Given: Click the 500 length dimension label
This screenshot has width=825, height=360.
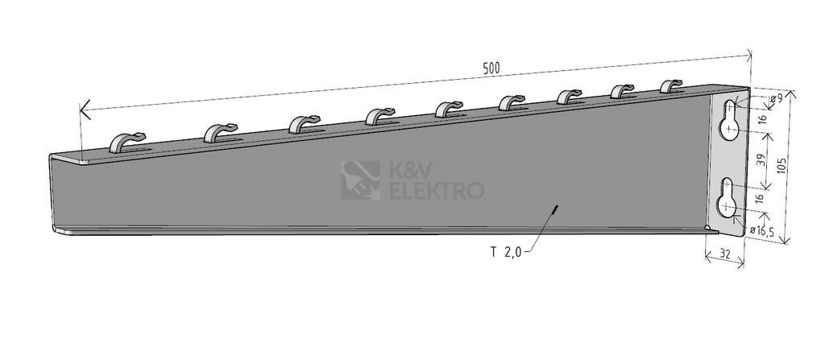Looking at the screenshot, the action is [x=491, y=68].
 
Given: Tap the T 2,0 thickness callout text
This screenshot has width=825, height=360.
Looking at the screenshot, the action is [x=506, y=252].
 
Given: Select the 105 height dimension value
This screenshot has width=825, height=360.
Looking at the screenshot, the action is [x=782, y=168].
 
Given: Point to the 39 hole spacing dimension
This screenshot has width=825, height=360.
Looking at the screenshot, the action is [x=761, y=160].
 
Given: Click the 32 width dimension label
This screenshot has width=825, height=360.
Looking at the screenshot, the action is [x=724, y=254].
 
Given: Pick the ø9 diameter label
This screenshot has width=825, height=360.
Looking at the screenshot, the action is [x=776, y=98].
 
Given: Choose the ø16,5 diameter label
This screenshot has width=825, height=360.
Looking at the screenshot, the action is [x=761, y=230].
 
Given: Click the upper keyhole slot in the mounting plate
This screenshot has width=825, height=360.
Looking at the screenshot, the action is [x=730, y=120].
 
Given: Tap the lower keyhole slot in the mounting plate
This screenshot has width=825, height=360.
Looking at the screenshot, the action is [x=728, y=198].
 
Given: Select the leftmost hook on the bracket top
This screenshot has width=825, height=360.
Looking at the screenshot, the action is [x=126, y=142].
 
